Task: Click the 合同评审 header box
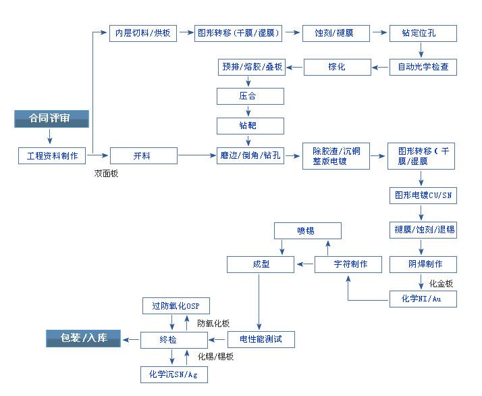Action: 51,119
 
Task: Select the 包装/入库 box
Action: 83,339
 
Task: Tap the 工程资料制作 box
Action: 52,156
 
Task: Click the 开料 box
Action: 144,156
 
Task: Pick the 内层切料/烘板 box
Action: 143,33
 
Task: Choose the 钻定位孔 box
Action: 423,33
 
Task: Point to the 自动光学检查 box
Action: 423,67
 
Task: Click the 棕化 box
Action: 338,67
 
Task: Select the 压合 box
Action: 250,97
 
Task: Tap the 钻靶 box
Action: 250,126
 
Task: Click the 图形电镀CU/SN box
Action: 423,196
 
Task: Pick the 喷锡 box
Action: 307,230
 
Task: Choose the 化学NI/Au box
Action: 423,299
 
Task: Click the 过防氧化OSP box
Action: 176,306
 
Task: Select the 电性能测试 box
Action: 261,339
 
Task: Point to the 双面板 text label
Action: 106,174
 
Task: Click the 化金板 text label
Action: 441,283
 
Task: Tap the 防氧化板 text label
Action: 213,324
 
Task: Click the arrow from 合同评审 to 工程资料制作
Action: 50,137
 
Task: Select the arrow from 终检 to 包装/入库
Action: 131,340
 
